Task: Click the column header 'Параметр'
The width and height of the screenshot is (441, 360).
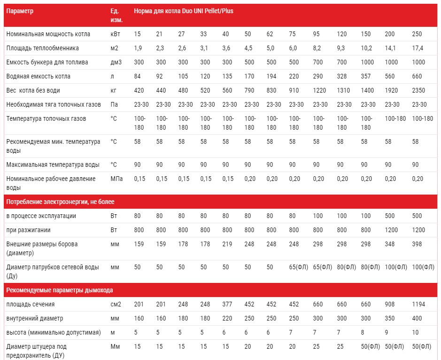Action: coord(20,10)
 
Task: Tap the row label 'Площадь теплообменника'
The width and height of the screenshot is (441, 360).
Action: coord(42,48)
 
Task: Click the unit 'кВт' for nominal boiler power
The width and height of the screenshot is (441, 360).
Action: coord(115,34)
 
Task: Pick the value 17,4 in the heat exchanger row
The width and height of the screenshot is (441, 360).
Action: coord(418,48)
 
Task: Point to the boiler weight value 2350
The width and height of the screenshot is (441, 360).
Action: coord(418,90)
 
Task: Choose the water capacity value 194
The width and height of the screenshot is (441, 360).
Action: coord(271,76)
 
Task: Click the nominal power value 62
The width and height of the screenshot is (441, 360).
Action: coord(270,34)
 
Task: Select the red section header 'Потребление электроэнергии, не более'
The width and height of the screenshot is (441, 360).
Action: coord(60,202)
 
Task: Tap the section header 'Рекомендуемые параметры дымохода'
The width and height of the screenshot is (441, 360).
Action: coord(59,290)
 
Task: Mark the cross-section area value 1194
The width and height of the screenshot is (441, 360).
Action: coord(418,305)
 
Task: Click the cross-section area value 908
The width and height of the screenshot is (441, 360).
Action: coord(391,305)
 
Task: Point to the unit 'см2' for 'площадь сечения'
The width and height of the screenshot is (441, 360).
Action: coord(116,305)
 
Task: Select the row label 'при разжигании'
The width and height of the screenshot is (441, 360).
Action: coord(29,230)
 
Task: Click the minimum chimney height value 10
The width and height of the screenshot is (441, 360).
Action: coord(415,333)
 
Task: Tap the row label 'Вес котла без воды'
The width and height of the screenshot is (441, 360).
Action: coord(33,90)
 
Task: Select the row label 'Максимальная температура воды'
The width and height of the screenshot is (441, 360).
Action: coord(53,164)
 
